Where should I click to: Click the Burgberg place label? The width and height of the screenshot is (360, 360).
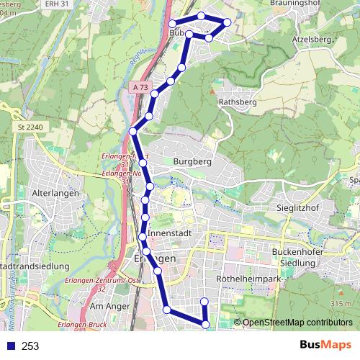point(192,162)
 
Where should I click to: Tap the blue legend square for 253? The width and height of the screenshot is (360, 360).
point(9,346)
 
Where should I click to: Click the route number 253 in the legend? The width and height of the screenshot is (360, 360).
point(30,346)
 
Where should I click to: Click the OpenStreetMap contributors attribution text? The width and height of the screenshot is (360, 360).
point(296,322)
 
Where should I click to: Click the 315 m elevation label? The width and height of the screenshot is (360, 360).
point(339,305)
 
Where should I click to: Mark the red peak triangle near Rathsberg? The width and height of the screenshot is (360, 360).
point(212,91)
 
